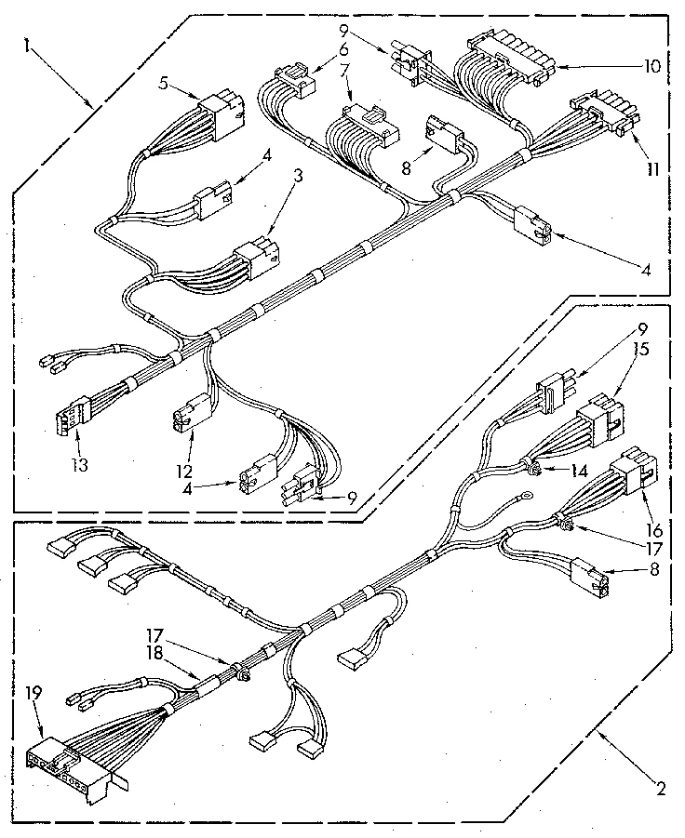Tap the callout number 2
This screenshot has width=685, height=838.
click(x=659, y=791)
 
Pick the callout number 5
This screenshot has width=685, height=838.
click(x=165, y=82)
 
